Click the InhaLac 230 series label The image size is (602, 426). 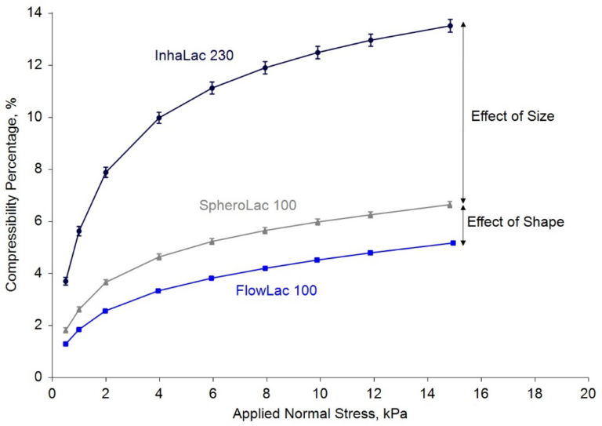point(194,55)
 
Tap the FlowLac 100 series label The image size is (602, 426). point(276,291)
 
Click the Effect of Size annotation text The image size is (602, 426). point(513,116)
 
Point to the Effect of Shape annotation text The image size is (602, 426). point(516,222)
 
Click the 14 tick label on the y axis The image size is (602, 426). point(37,13)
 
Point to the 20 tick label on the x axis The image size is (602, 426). point(587,391)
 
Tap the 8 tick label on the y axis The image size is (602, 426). point(40,169)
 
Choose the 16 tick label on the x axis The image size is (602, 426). point(480,391)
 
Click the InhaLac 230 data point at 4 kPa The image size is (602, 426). point(159,118)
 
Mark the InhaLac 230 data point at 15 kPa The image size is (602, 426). point(450,26)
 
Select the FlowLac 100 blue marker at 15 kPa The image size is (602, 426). point(450,242)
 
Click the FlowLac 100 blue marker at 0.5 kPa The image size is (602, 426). point(66,344)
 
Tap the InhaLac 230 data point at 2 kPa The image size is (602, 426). point(106,173)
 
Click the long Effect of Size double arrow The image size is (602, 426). point(463,110)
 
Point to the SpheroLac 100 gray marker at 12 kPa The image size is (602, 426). point(371,214)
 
